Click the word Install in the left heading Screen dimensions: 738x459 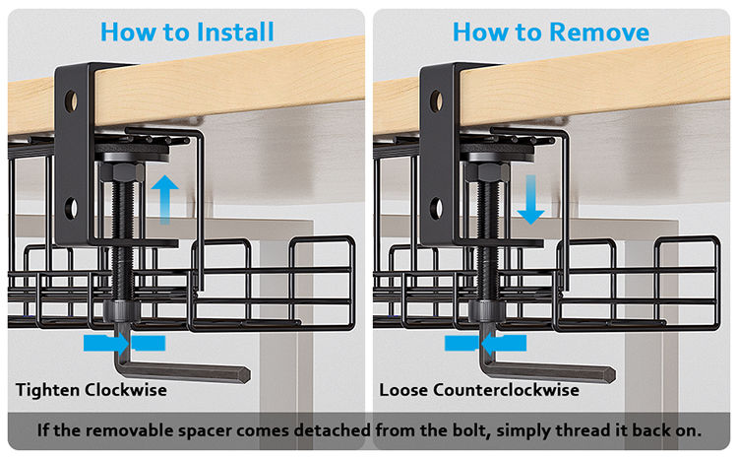tap(235, 33)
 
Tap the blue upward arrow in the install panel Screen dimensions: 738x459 tap(164, 199)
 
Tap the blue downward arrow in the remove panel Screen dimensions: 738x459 tap(531, 199)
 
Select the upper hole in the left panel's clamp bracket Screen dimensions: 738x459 tap(71, 100)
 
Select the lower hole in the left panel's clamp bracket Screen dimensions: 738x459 tap(71, 208)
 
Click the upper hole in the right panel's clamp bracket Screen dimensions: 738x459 tap(436, 100)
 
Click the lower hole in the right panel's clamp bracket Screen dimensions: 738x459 tap(436, 208)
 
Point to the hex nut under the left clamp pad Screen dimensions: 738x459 tap(122, 171)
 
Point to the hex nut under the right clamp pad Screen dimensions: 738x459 tap(487, 171)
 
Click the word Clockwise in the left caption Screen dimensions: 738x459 tap(126, 390)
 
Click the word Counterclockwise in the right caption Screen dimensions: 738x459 tap(506, 390)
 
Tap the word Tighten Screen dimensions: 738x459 tap(47, 391)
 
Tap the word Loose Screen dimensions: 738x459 tap(403, 390)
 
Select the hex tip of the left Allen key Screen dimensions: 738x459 tap(245, 374)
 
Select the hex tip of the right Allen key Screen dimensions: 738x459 tap(610, 374)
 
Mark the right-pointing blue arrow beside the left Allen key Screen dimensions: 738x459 tap(106, 343)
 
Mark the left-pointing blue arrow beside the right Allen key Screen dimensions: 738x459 tap(504, 343)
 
